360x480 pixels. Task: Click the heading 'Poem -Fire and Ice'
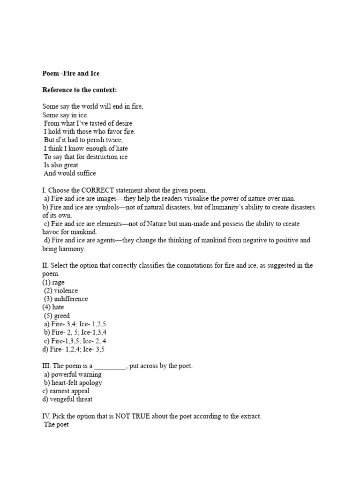pos(71,73)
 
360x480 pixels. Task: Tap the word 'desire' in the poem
pos(123,123)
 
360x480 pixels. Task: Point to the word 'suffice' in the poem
pos(84,173)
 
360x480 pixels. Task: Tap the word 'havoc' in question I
pos(51,232)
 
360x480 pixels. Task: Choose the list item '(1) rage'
pos(53,282)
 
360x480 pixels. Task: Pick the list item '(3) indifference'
pos(66,299)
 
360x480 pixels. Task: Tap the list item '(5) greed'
pos(57,316)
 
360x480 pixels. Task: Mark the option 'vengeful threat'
pos(72,399)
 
